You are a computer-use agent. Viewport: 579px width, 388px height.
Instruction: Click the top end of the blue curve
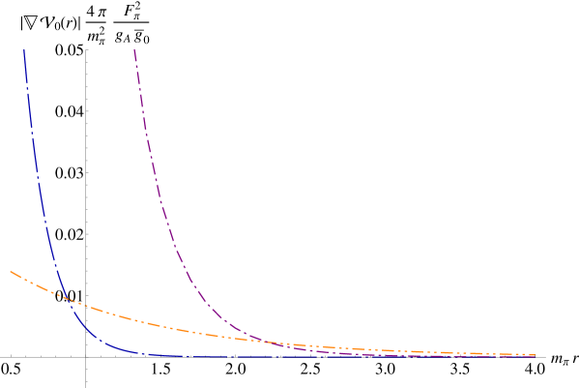click(x=23, y=50)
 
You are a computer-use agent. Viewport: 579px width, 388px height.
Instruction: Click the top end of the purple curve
click(x=134, y=49)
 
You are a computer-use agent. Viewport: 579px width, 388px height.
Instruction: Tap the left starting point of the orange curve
click(x=11, y=272)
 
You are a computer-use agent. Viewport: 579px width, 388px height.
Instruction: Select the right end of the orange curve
click(x=536, y=354)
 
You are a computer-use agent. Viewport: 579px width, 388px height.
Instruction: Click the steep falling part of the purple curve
click(x=155, y=174)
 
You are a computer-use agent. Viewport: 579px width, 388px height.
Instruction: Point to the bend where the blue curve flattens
click(x=106, y=343)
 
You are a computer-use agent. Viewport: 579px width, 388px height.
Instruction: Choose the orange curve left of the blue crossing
click(x=34, y=285)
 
